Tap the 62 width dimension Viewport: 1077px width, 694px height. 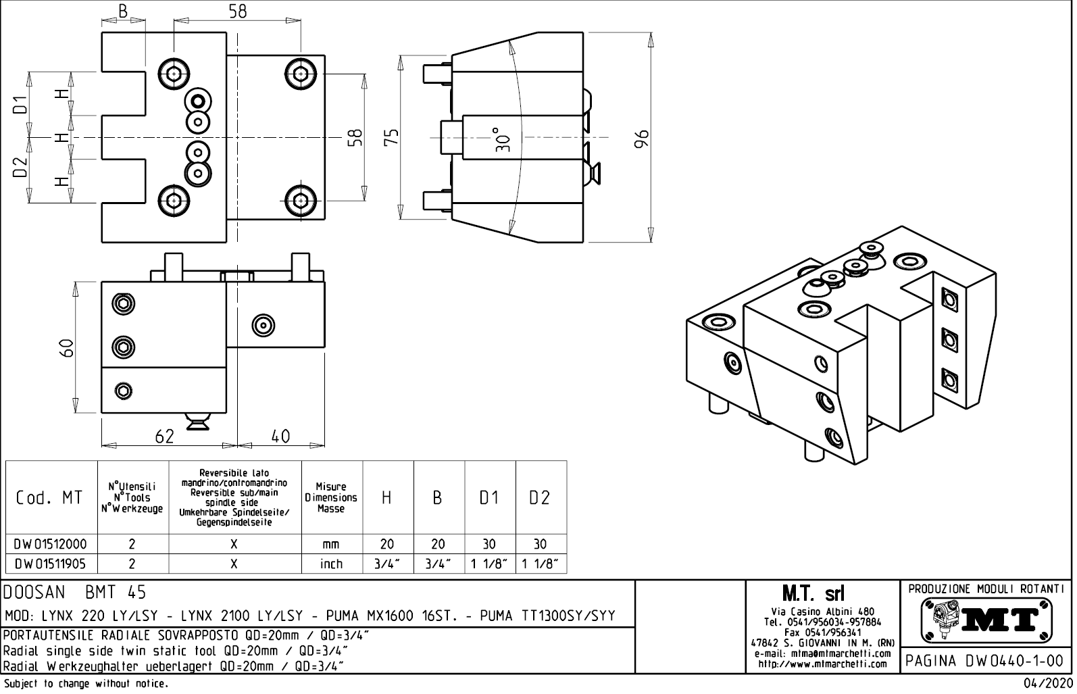(164, 437)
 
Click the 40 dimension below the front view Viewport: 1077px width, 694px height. (280, 437)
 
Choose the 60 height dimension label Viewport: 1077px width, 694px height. (66, 349)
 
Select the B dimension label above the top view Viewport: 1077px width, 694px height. (123, 11)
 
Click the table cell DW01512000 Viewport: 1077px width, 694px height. (51, 544)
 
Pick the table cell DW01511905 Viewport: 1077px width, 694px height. (51, 564)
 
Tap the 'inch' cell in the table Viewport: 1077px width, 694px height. (331, 564)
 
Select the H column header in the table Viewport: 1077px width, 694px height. (387, 498)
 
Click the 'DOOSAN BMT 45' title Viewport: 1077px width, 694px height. (75, 593)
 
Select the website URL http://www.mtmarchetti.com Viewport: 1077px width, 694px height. (822, 664)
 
